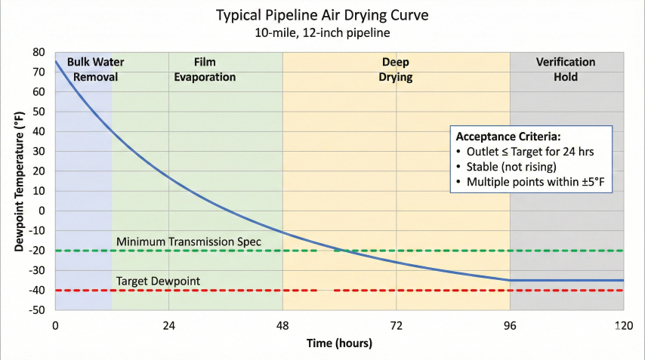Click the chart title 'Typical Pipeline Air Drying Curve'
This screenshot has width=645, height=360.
[x=322, y=14]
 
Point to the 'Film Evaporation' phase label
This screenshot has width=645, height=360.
[x=205, y=69]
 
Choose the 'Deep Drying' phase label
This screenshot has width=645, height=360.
[x=396, y=69]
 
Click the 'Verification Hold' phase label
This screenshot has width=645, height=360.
[x=566, y=69]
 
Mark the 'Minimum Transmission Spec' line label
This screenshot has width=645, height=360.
[x=189, y=242]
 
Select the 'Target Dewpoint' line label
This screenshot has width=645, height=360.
[x=158, y=281]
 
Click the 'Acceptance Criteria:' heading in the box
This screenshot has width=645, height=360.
[x=509, y=137]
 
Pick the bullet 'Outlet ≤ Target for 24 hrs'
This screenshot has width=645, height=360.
[x=530, y=152]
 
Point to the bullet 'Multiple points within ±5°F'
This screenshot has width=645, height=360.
[x=534, y=183]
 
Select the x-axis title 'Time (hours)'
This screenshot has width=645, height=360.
[x=339, y=343]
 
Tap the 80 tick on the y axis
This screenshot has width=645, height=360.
[x=39, y=52]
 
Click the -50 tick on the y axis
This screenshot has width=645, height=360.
[x=36, y=310]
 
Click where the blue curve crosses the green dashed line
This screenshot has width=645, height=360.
[x=344, y=251]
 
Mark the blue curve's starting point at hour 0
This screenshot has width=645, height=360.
[x=56, y=61]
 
